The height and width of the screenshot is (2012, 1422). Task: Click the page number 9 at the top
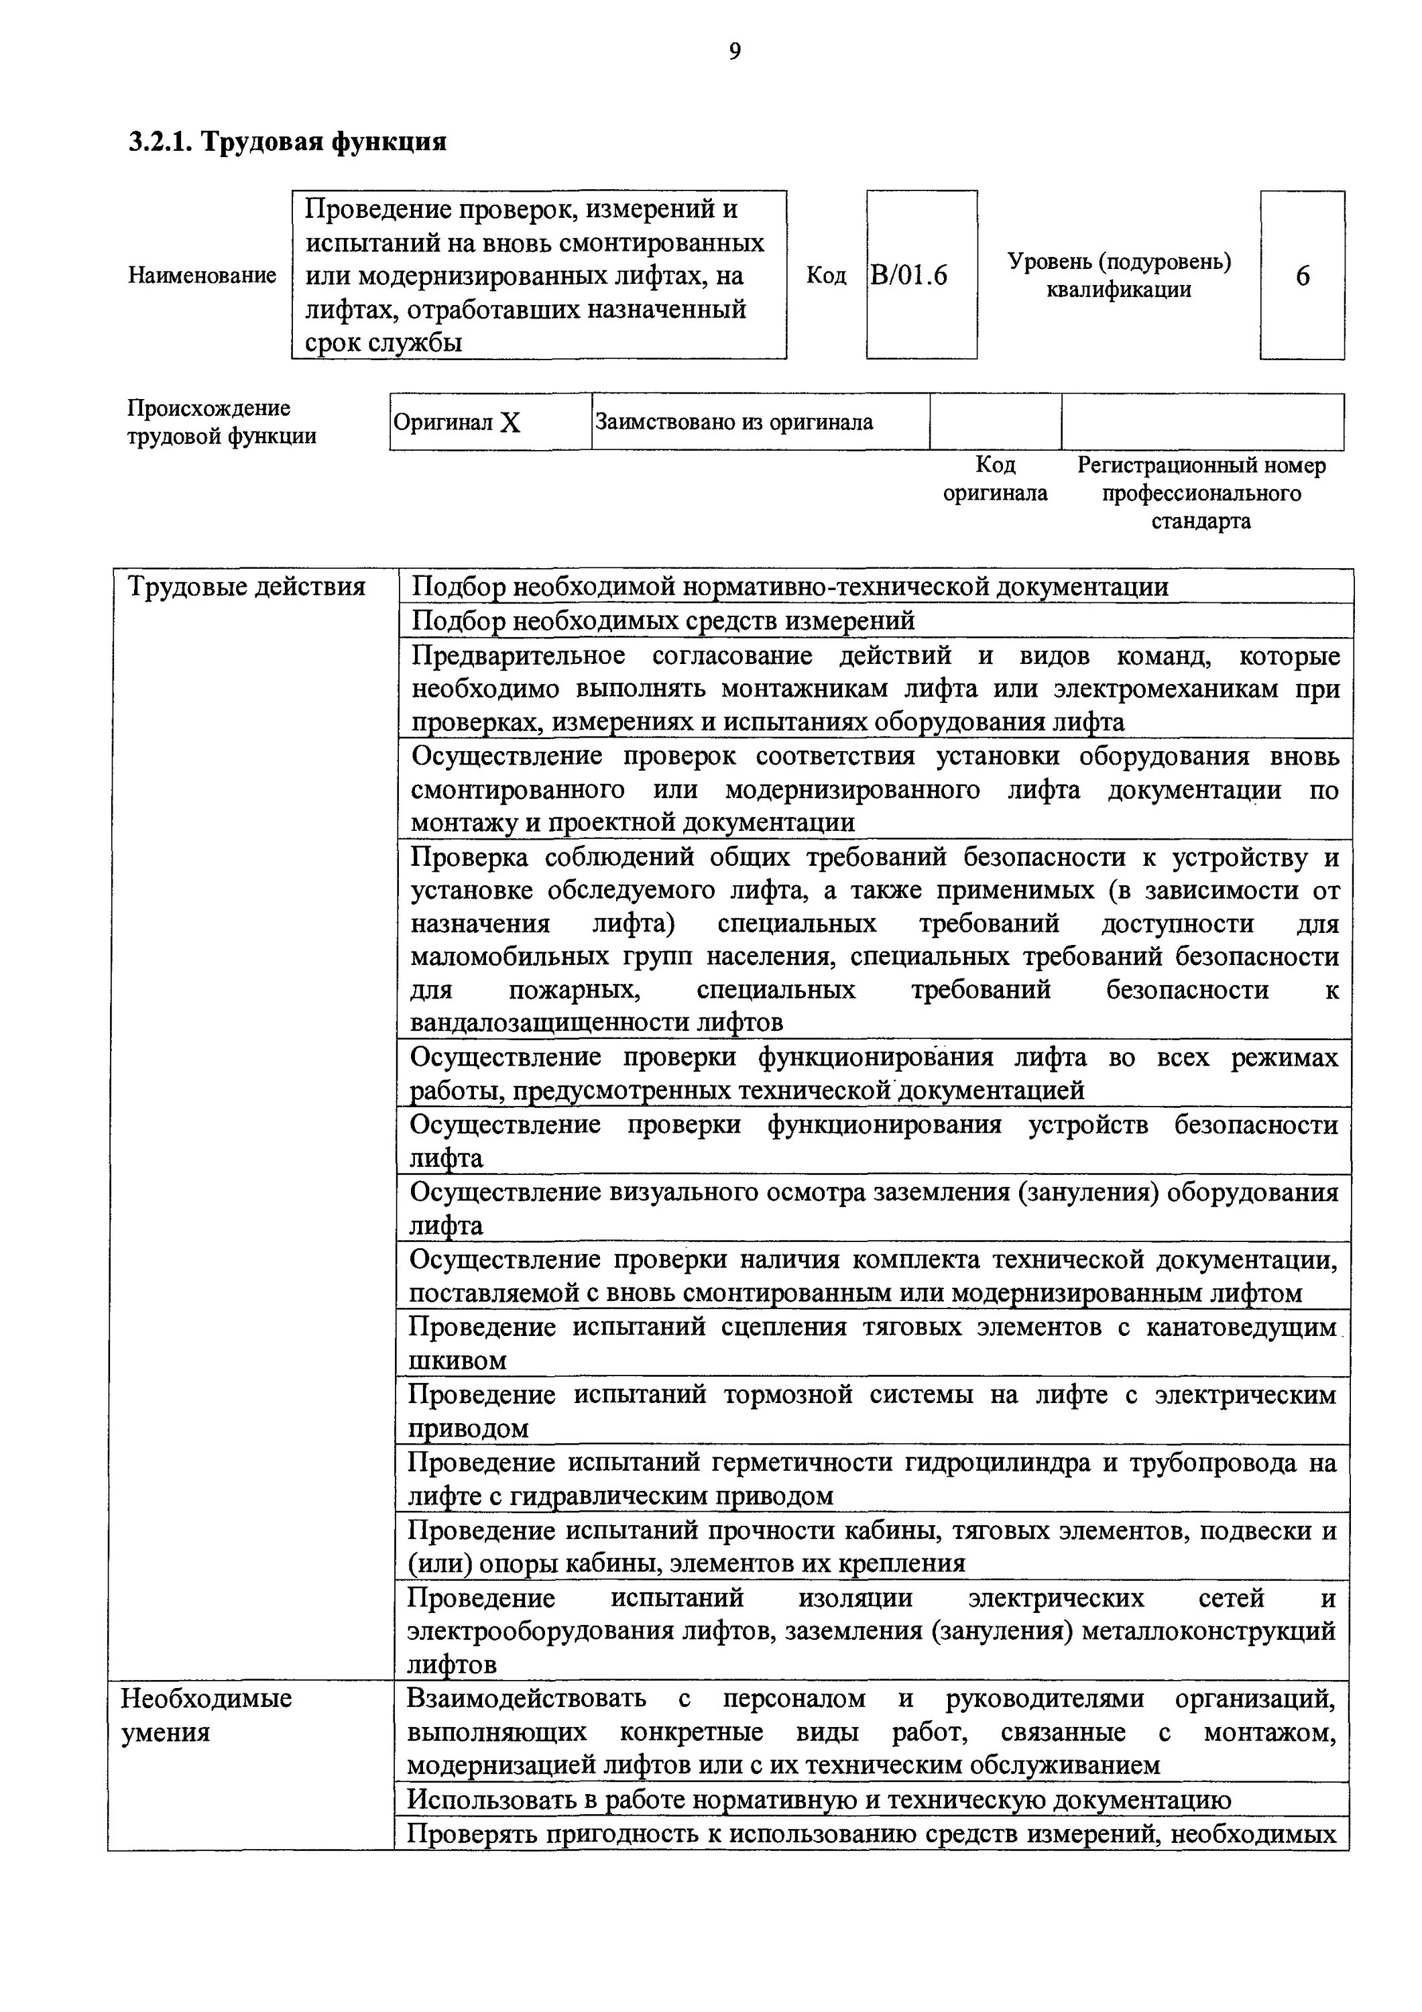point(734,52)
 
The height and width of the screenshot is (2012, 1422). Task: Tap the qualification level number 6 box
point(1301,276)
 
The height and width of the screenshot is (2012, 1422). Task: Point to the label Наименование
point(202,275)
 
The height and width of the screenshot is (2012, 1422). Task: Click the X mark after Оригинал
point(510,423)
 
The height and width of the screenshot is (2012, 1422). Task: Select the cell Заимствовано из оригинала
point(734,423)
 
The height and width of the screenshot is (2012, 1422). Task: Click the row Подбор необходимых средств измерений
point(663,620)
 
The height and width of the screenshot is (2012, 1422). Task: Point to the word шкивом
point(458,1361)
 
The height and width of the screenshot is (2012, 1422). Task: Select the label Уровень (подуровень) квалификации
point(1118,275)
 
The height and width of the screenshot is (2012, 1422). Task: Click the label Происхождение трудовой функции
point(222,423)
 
